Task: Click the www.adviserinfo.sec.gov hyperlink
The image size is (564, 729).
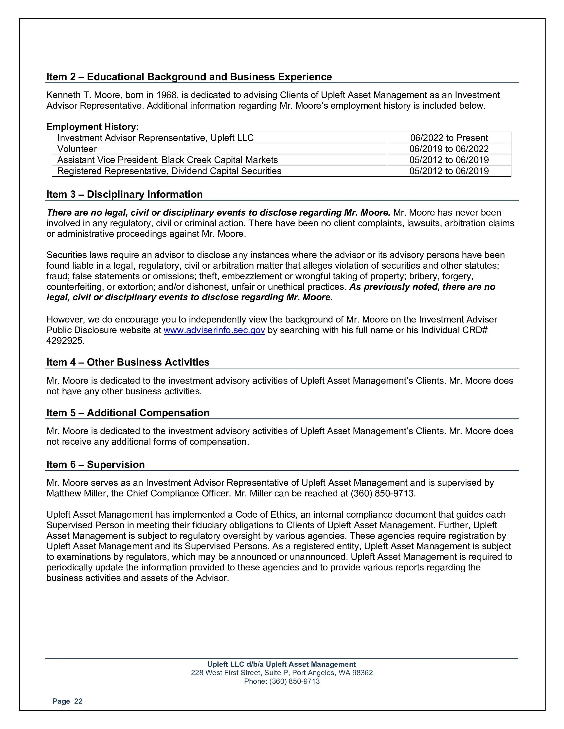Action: tap(214, 330)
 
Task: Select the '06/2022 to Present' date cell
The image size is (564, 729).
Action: tap(449, 138)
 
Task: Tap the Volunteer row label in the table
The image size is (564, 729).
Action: tap(77, 149)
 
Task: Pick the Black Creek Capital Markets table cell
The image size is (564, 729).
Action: tap(167, 160)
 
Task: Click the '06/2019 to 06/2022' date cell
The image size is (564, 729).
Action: tap(449, 149)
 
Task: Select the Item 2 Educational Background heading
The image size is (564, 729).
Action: tap(189, 77)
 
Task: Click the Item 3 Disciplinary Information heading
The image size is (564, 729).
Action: tap(125, 194)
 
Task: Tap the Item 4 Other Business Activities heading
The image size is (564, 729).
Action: tap(128, 362)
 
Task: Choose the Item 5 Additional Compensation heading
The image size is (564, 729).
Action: tap(128, 413)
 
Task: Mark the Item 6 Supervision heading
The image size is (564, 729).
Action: tap(96, 464)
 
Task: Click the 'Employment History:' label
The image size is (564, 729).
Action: tap(92, 127)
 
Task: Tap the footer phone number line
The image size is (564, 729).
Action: tap(282, 681)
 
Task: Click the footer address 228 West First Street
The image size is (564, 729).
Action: tap(282, 673)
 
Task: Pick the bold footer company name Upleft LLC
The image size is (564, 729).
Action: tap(282, 664)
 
